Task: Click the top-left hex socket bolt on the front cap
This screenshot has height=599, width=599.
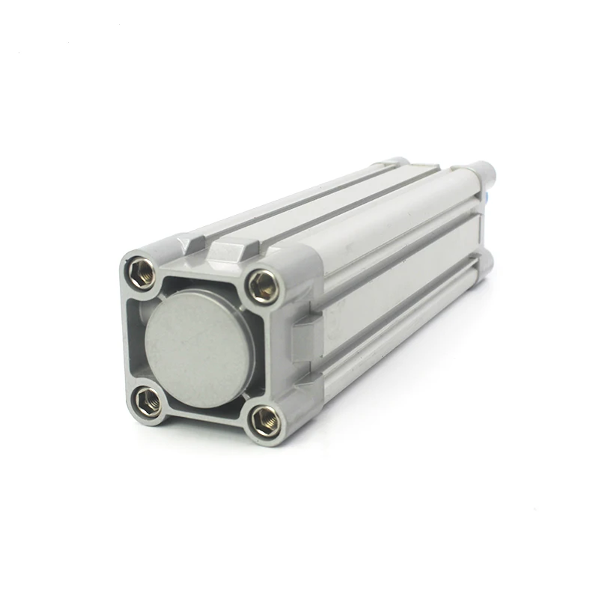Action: click(x=142, y=273)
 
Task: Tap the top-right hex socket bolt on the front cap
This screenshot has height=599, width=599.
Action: click(x=264, y=286)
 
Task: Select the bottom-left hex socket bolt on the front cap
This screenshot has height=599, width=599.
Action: click(x=148, y=401)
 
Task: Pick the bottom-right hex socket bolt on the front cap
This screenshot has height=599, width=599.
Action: click(x=265, y=421)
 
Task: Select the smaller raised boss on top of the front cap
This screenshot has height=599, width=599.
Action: click(x=193, y=241)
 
